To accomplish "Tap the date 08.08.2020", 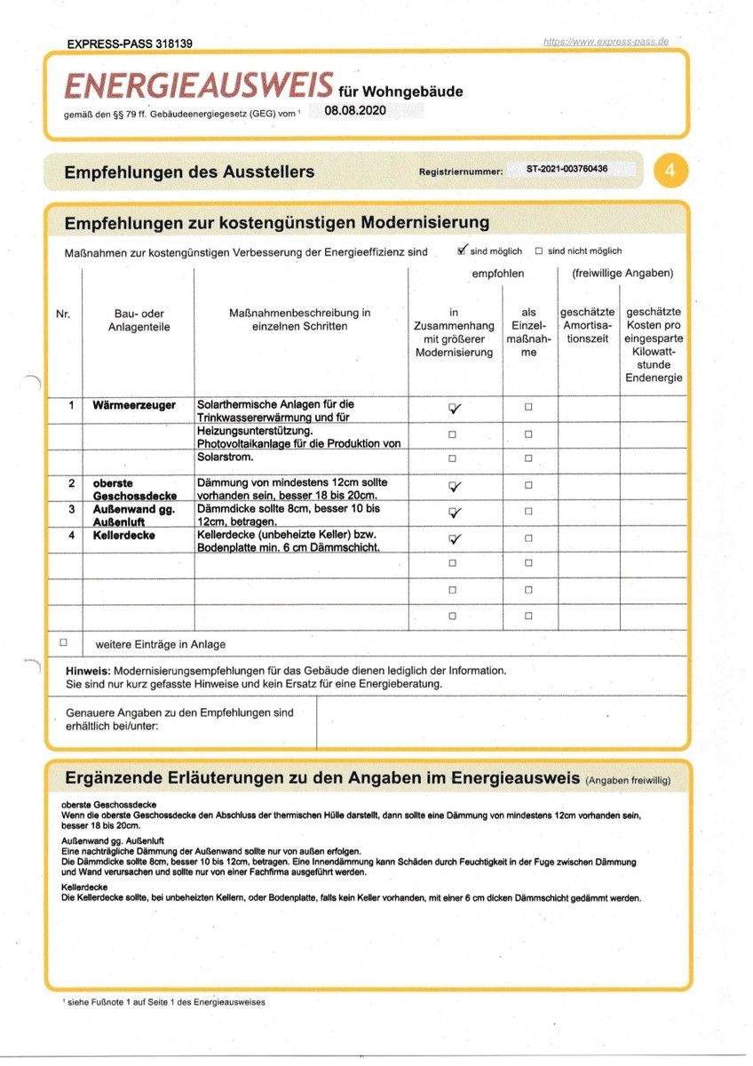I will [x=355, y=110].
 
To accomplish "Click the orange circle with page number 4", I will [x=670, y=171].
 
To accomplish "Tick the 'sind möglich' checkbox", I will [x=462, y=251].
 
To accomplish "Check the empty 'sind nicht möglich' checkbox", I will [x=539, y=251].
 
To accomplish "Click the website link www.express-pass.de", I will [x=606, y=41].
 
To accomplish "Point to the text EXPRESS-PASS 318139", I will [x=130, y=44].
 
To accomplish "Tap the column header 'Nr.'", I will [x=63, y=314].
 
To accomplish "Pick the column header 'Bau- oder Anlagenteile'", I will [x=139, y=320].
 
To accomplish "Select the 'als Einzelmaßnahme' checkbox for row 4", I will [x=528, y=537].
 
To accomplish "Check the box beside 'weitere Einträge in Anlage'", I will [x=63, y=641].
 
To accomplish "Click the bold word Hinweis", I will [x=88, y=670].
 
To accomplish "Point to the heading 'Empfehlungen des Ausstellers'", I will [x=189, y=172].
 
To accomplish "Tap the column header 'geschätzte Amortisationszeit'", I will [x=588, y=326].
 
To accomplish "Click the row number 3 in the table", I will [x=72, y=509].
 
